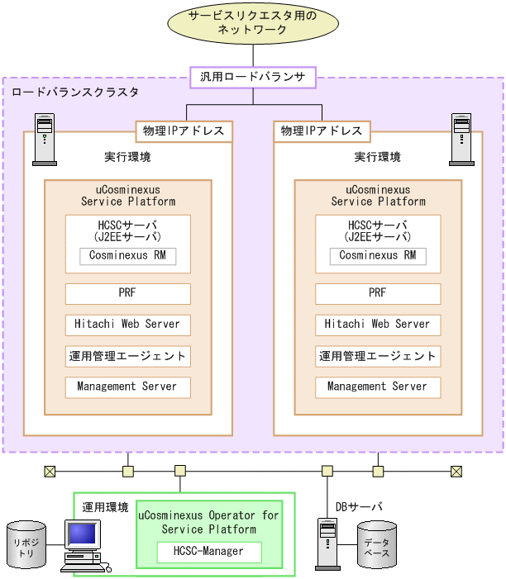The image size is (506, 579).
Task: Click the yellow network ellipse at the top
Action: pyautogui.click(x=252, y=23)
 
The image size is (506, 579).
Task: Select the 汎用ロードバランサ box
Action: pyautogui.click(x=252, y=78)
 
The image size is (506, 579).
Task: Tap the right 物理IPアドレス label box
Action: pyautogui.click(x=322, y=131)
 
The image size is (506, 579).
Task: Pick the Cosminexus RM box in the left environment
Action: pyautogui.click(x=127, y=255)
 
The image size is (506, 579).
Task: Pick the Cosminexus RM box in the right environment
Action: pyautogui.click(x=377, y=256)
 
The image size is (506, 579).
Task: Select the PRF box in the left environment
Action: pyautogui.click(x=127, y=293)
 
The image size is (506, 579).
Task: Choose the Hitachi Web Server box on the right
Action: pyautogui.click(x=377, y=325)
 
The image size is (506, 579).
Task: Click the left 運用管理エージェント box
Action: pyautogui.click(x=127, y=356)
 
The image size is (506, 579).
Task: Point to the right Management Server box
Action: pyautogui.click(x=377, y=387)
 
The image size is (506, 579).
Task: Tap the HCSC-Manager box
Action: pyautogui.click(x=208, y=552)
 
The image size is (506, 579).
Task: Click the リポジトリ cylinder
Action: pyautogui.click(x=26, y=544)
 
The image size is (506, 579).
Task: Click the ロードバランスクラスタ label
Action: pyautogui.click(x=75, y=92)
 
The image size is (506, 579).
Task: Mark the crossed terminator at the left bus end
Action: pyautogui.click(x=50, y=472)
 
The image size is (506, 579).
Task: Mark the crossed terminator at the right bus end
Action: pyautogui.click(x=456, y=472)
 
